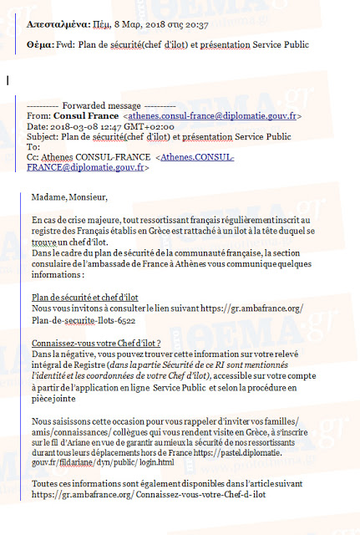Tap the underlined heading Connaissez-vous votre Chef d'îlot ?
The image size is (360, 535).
pos(95,343)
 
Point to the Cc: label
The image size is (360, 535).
pos(33,156)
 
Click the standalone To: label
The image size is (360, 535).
pos(33,146)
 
